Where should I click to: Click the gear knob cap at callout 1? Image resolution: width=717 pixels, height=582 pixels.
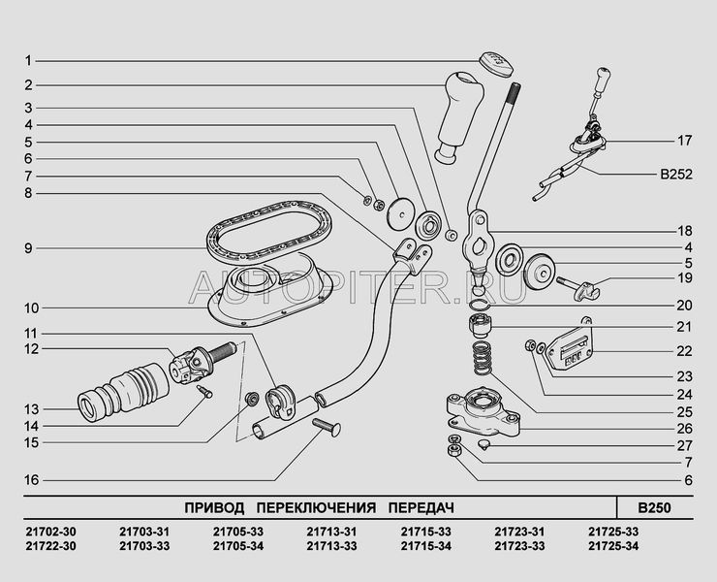click(495, 62)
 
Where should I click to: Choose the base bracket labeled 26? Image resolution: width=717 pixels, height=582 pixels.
click(481, 409)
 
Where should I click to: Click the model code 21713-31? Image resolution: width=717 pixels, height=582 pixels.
click(331, 531)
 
